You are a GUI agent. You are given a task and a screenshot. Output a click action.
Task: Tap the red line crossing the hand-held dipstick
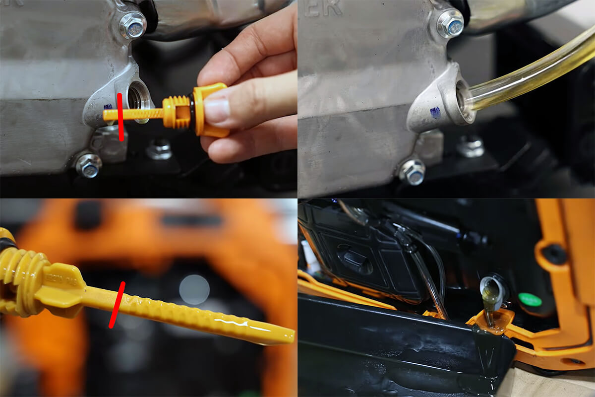click(x=120, y=117)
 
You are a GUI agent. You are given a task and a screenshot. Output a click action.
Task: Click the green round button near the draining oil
click(x=530, y=300)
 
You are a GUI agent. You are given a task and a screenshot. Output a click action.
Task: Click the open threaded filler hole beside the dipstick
click(x=135, y=96)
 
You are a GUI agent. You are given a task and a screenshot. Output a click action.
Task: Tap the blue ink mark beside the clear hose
click(x=435, y=113)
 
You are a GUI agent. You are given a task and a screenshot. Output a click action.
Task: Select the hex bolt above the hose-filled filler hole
click(x=450, y=23)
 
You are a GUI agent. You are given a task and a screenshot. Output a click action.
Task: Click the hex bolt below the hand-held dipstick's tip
click(x=89, y=166)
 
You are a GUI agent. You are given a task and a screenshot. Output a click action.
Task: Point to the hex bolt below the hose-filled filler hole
click(x=413, y=171)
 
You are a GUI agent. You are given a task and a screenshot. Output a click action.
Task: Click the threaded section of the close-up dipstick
click(x=20, y=278)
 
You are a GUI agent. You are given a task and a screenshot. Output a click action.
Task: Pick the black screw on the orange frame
click(x=554, y=254)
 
